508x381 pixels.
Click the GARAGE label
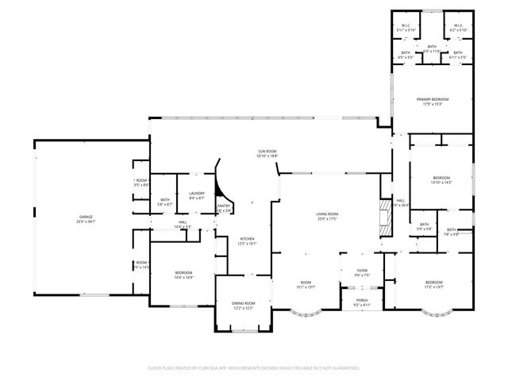[87, 216]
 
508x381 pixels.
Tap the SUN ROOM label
[267, 151]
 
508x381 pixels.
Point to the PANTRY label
[224, 206]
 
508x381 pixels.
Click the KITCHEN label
[247, 239]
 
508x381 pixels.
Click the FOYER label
[362, 271]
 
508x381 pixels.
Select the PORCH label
[362, 300]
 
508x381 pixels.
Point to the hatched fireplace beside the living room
[386, 216]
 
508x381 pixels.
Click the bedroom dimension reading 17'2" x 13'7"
[433, 287]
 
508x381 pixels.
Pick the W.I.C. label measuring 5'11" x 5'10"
[405, 29]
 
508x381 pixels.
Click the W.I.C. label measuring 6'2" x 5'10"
[458, 29]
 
